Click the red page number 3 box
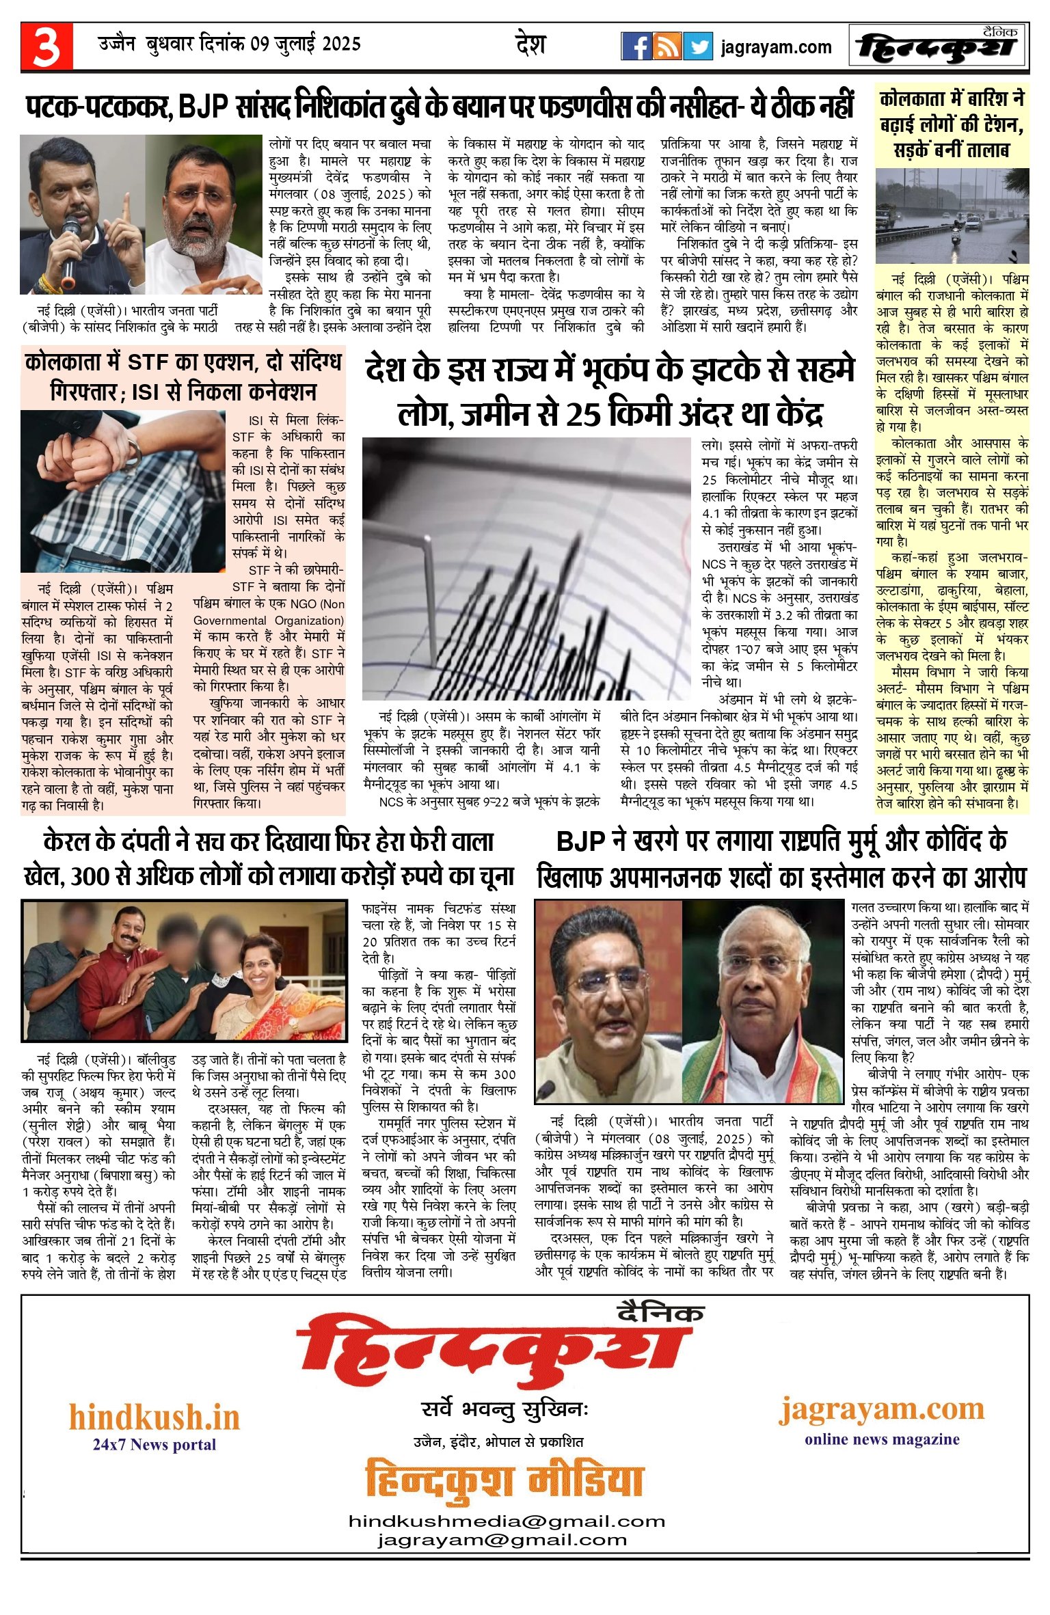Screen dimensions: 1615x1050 (46, 46)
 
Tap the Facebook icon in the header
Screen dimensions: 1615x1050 (635, 46)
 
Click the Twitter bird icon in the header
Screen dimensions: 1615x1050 (698, 46)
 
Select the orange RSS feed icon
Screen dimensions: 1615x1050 (667, 46)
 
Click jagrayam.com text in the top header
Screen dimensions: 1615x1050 (776, 47)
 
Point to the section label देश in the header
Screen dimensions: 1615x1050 (530, 45)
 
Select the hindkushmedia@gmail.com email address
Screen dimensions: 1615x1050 (507, 1521)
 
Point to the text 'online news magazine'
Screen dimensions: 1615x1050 (882, 1439)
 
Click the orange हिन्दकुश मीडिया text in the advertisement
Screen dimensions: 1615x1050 (505, 1480)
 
